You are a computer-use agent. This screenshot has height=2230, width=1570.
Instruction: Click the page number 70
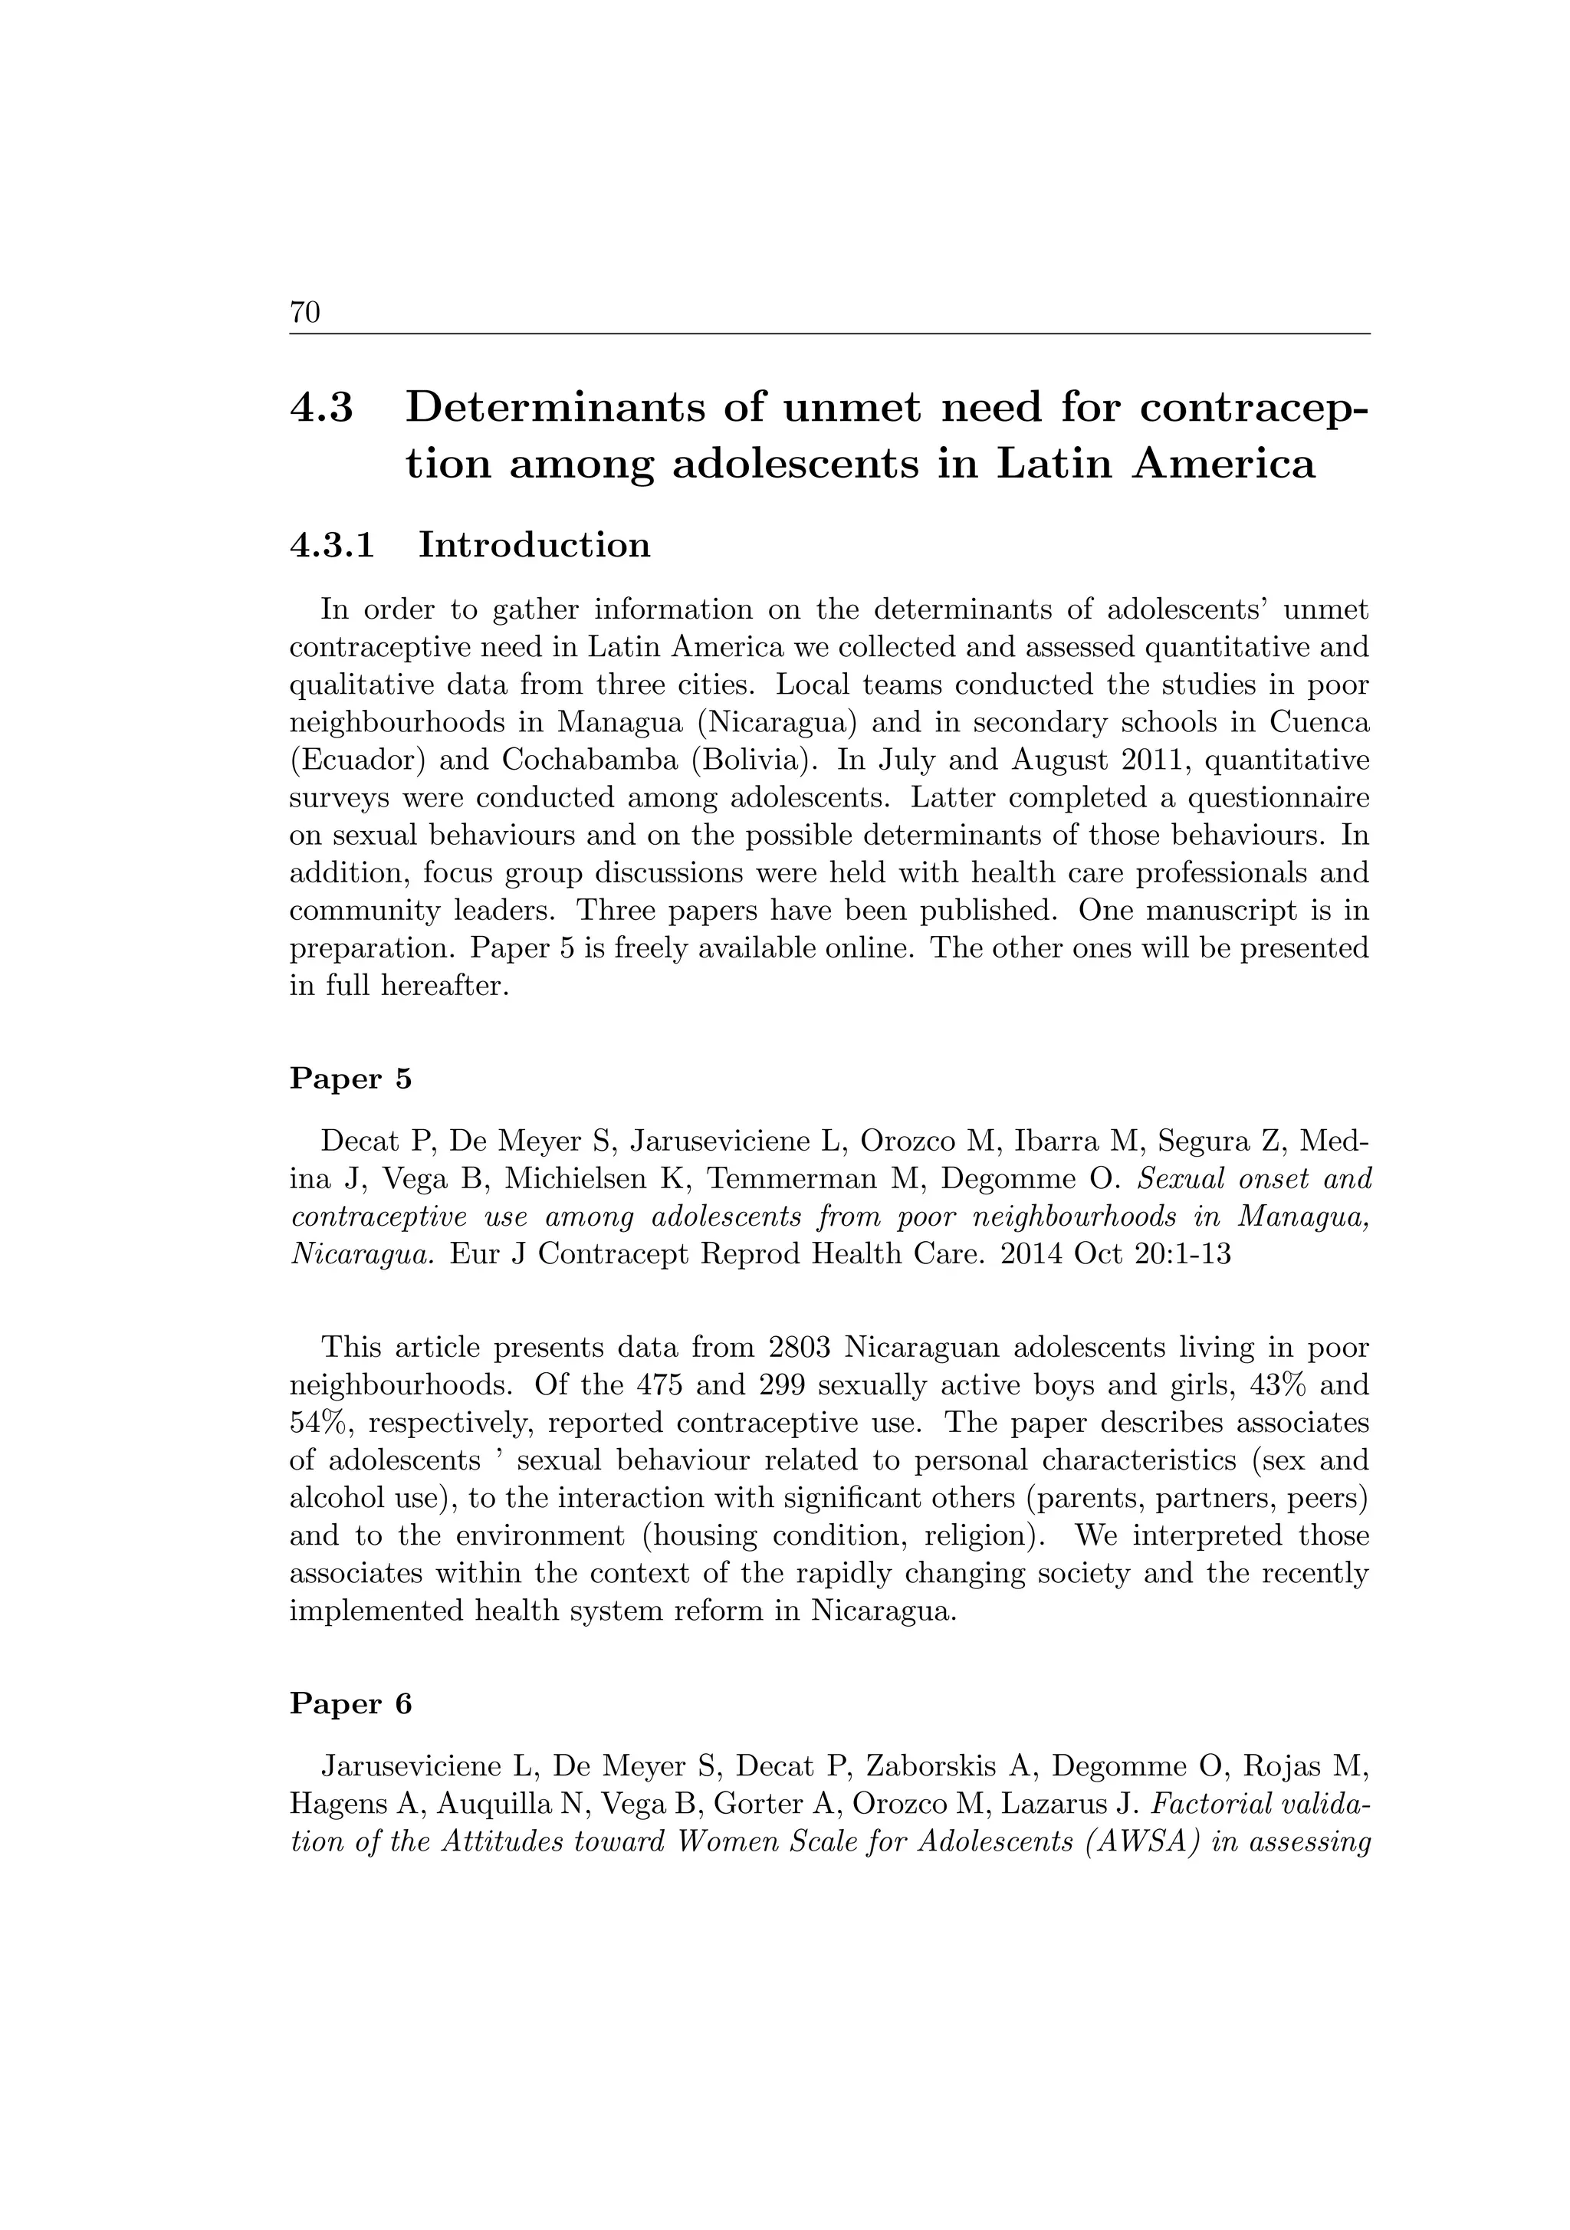pyautogui.click(x=305, y=313)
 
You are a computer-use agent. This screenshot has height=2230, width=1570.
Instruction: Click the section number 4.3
pyautogui.click(x=321, y=407)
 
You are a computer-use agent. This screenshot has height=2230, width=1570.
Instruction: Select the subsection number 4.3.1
pyautogui.click(x=332, y=545)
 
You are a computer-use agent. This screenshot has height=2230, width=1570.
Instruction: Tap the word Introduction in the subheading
pyautogui.click(x=534, y=545)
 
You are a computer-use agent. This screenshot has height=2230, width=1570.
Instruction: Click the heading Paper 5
pyautogui.click(x=351, y=1079)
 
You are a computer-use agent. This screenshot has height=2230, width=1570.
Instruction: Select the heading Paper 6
pyautogui.click(x=351, y=1705)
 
